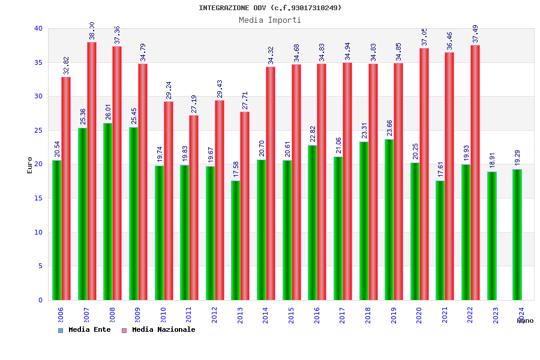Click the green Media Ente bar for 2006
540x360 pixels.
click(x=56, y=230)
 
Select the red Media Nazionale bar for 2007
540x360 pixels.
click(x=92, y=171)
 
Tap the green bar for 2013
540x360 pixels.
click(x=236, y=240)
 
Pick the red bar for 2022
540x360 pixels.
click(x=475, y=172)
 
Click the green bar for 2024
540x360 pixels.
click(x=517, y=235)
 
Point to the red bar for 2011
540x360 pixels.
click(x=194, y=207)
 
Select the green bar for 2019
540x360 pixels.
click(x=389, y=220)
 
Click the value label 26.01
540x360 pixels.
click(x=108, y=112)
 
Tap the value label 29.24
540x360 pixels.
click(x=169, y=91)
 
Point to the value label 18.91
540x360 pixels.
click(x=492, y=161)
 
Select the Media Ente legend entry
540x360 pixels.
click(x=85, y=330)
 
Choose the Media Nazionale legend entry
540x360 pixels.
click(x=158, y=330)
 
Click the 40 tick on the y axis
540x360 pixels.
click(x=38, y=29)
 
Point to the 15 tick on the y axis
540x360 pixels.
click(x=38, y=199)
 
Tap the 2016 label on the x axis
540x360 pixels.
click(x=317, y=316)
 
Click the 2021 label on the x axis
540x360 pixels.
click(x=445, y=316)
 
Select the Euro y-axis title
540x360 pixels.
click(x=30, y=165)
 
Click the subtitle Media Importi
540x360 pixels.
click(x=270, y=20)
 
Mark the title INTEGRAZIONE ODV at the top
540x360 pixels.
click(x=270, y=8)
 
